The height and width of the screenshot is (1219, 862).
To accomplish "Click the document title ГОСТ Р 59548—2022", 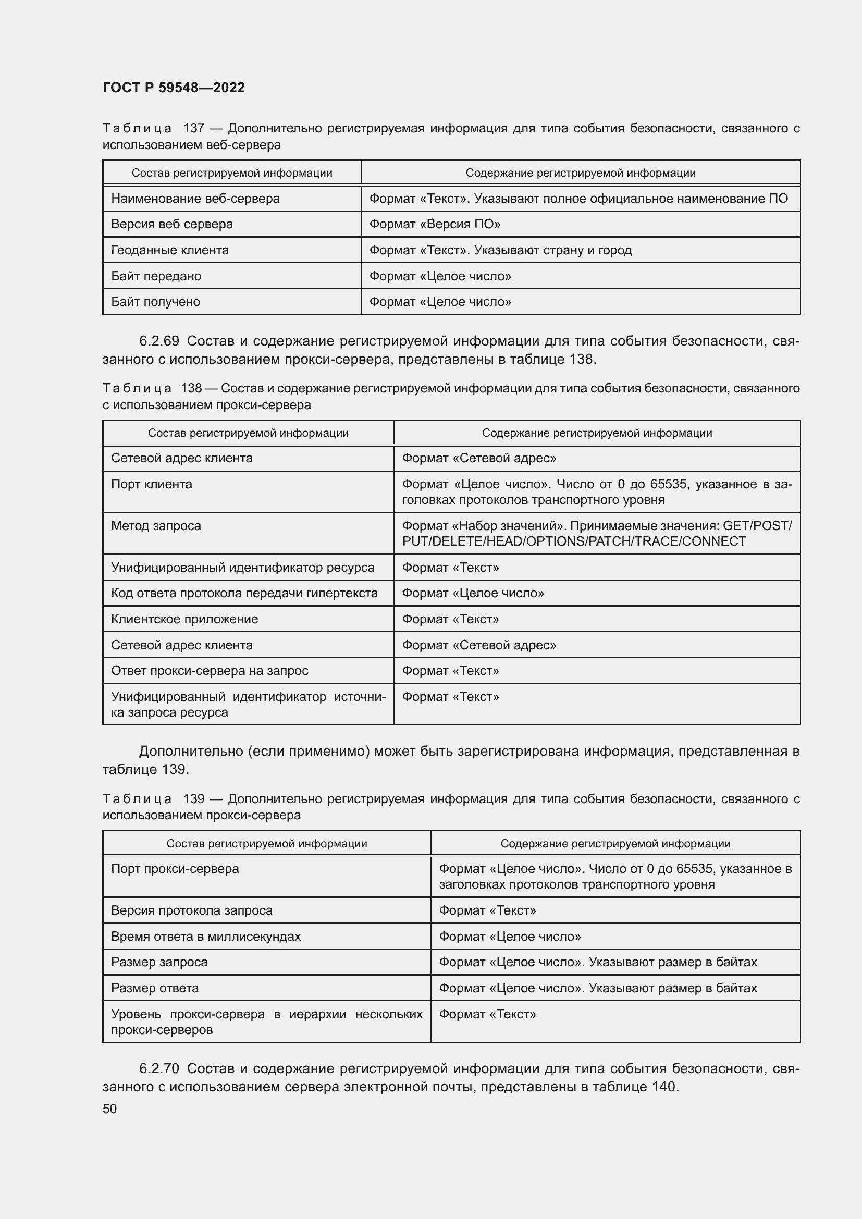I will (174, 88).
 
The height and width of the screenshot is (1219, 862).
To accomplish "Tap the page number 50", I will (109, 1109).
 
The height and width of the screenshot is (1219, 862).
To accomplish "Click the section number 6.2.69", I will (159, 341).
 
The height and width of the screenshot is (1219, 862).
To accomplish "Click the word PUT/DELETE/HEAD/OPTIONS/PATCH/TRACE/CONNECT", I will (574, 541).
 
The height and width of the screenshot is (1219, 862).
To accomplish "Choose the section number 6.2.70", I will (159, 1068).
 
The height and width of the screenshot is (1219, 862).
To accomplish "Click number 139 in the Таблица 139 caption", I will (194, 798).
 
